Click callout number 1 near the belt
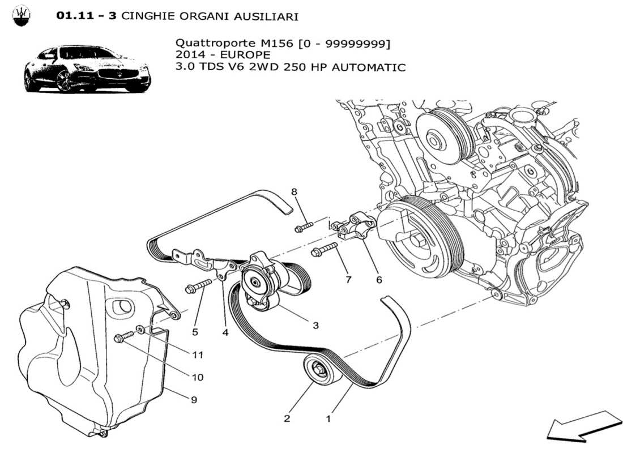point(328,420)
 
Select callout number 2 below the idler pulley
point(287,419)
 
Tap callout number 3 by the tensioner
point(315,325)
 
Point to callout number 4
point(225,333)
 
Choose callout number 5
point(195,332)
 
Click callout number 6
point(378,279)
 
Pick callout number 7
point(348,279)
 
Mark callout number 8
point(294,192)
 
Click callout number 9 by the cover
point(194,400)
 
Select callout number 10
point(197,377)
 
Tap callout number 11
point(197,355)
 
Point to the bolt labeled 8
point(303,228)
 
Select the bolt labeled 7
point(324,250)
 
